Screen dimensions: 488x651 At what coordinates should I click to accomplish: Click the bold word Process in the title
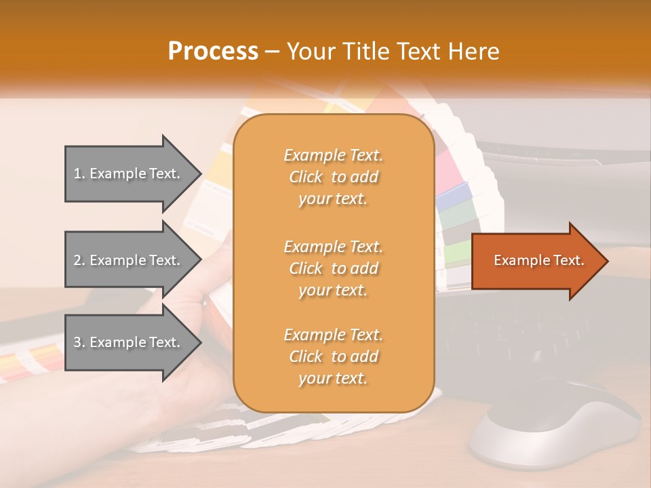[213, 52]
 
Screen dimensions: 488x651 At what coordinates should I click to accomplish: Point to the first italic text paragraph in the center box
[333, 177]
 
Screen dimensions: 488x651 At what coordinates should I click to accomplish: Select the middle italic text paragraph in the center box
[333, 268]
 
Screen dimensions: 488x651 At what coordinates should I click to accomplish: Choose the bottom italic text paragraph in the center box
[333, 357]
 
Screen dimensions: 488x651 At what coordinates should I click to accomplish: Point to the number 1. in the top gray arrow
[79, 174]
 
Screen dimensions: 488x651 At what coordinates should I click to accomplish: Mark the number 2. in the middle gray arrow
[79, 260]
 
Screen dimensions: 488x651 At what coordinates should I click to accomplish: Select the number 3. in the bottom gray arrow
[79, 342]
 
